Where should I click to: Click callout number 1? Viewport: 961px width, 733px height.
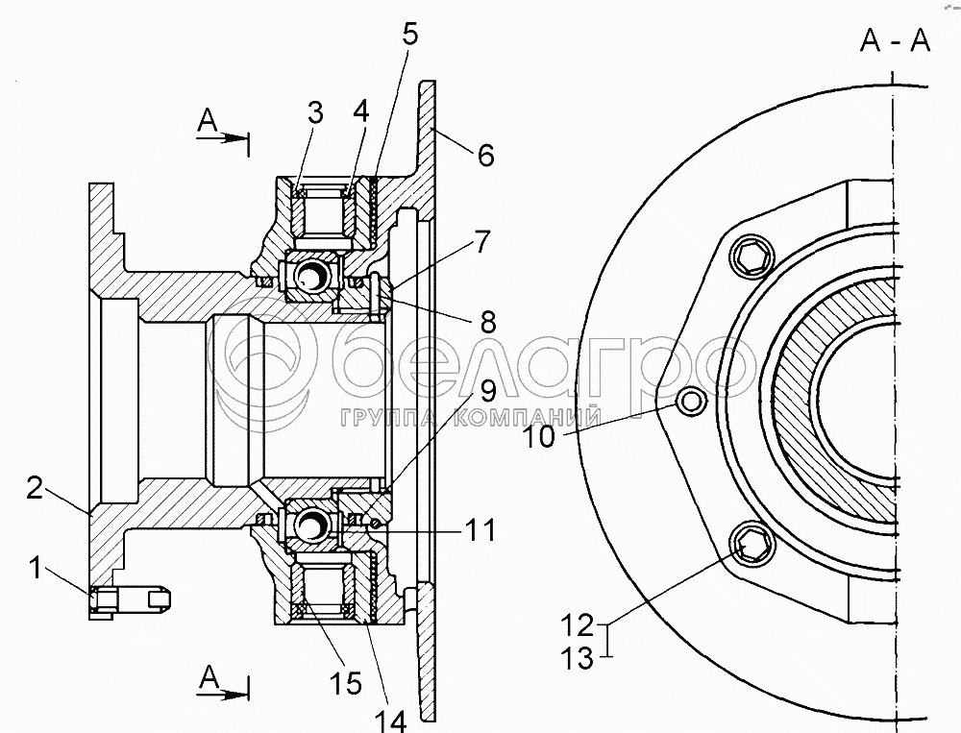pyautogui.click(x=37, y=568)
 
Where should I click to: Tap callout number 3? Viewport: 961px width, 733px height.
pyautogui.click(x=314, y=112)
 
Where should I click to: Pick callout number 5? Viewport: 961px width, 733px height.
pyautogui.click(x=410, y=35)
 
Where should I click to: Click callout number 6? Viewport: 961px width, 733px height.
pyautogui.click(x=485, y=155)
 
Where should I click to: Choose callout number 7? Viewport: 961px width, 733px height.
pyautogui.click(x=482, y=243)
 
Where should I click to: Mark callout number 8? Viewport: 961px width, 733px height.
pyautogui.click(x=488, y=320)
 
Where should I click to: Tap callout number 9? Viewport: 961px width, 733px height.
pyautogui.click(x=487, y=390)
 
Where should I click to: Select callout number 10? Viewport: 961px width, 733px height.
pyautogui.click(x=539, y=437)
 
